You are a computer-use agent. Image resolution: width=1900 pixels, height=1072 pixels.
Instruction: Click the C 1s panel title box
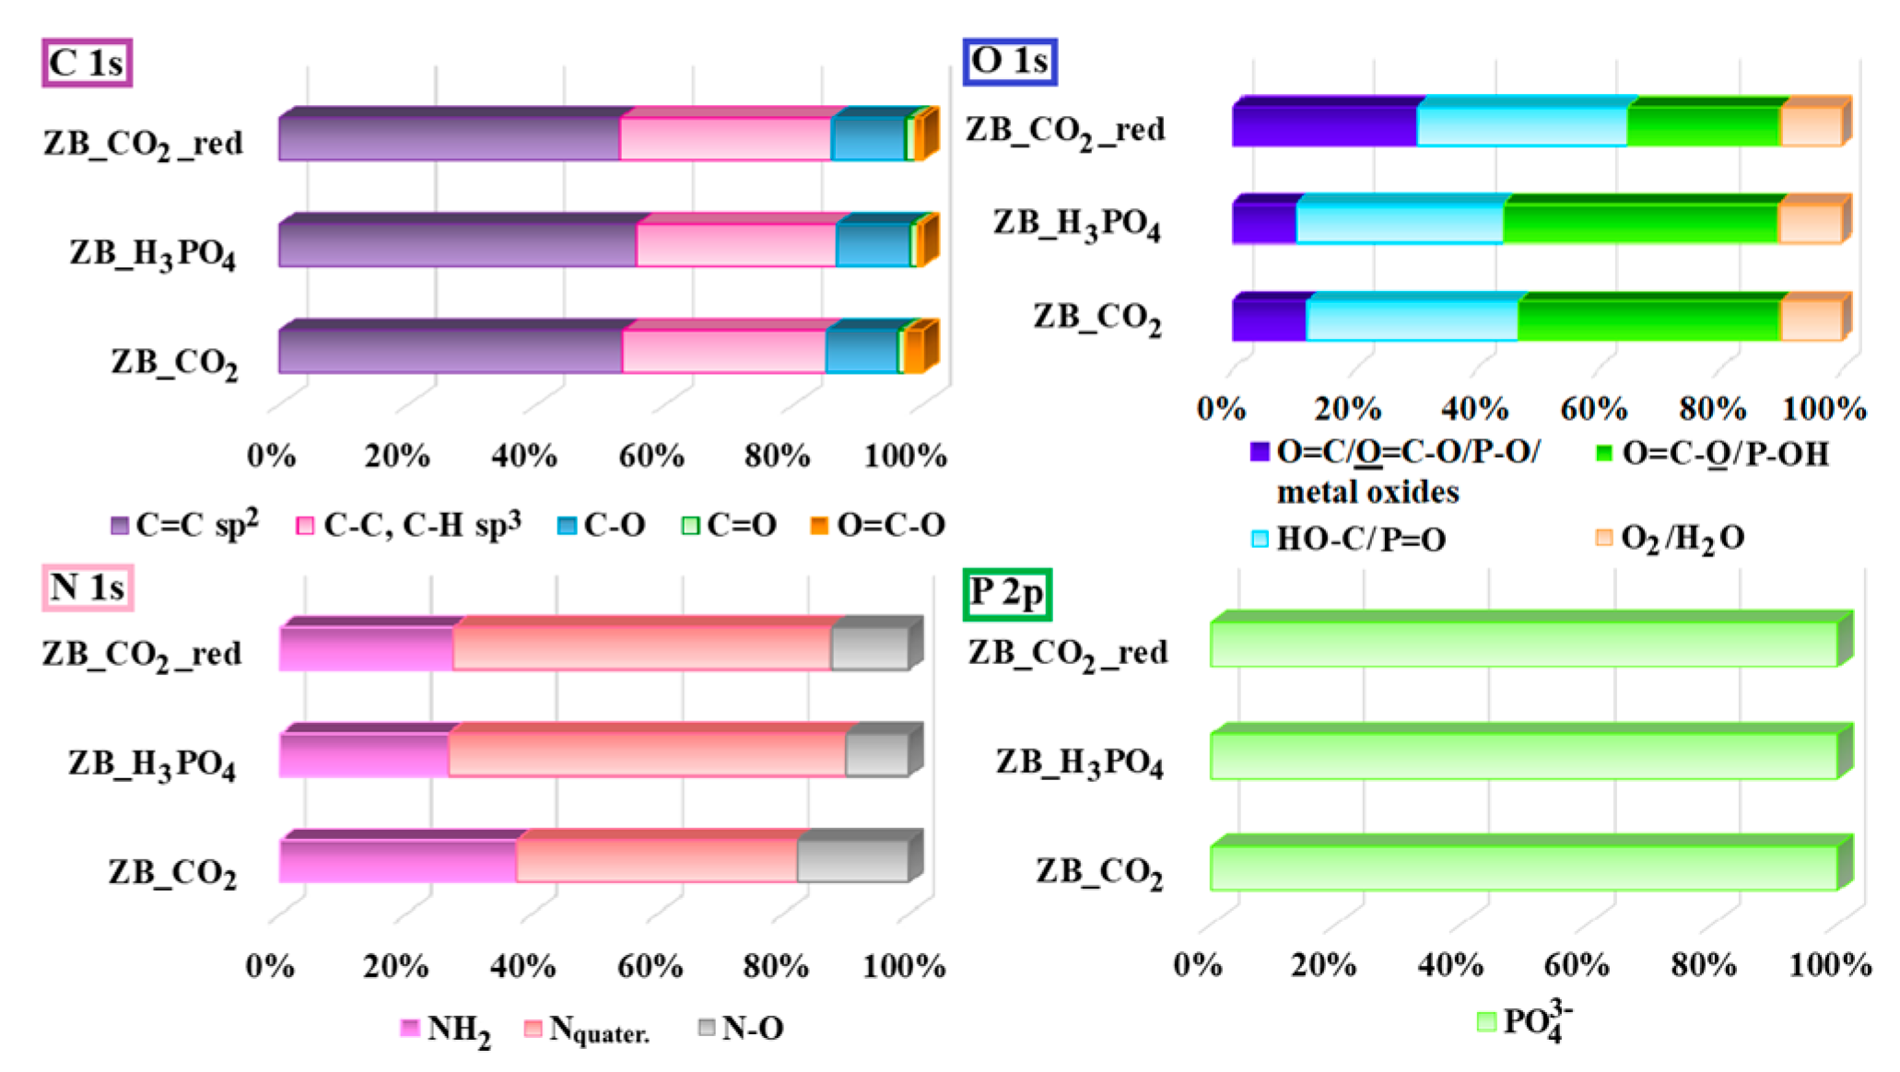tap(88, 63)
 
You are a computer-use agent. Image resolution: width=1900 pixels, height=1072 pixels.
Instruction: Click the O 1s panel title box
tap(1010, 62)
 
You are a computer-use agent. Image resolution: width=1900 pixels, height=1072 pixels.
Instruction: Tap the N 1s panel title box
tap(88, 588)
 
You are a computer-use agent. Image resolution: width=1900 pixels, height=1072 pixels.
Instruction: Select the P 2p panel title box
tap(1008, 594)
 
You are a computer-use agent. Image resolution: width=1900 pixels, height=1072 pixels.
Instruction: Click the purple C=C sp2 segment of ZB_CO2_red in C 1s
tap(449, 138)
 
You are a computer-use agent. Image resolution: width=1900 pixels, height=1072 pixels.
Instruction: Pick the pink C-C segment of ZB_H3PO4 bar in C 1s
tap(735, 245)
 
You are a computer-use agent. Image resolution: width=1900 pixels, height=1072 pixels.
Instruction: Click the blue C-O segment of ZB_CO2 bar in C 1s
tap(862, 351)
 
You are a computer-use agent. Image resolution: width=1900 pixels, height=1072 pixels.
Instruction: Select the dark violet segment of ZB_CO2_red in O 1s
tap(1324, 126)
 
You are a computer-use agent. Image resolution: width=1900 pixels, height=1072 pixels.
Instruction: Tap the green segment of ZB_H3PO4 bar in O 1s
tap(1640, 224)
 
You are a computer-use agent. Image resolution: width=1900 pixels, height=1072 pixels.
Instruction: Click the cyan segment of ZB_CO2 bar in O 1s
tap(1412, 320)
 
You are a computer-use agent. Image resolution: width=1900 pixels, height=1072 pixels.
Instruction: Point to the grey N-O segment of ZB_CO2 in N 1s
tap(852, 861)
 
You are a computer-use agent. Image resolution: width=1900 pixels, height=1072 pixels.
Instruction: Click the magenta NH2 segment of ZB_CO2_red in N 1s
tap(366, 648)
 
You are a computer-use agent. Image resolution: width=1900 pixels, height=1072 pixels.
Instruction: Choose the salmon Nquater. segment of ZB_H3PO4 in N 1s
tap(647, 755)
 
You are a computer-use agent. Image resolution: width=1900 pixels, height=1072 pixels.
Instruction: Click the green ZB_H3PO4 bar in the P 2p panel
tap(1523, 756)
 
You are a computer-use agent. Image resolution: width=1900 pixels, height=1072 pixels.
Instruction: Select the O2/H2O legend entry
tap(1670, 538)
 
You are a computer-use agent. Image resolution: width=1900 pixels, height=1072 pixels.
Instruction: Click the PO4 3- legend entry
tap(1525, 1021)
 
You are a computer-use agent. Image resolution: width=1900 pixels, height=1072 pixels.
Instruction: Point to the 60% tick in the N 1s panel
tap(650, 966)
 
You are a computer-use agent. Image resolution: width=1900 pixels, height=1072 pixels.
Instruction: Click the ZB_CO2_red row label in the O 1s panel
tap(1065, 131)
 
